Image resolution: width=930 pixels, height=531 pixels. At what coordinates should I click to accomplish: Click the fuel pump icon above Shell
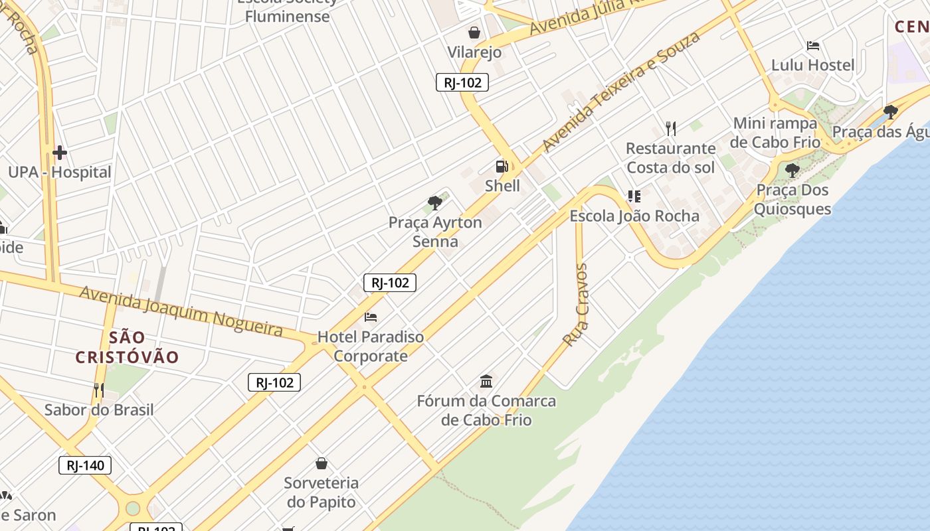pyautogui.click(x=502, y=166)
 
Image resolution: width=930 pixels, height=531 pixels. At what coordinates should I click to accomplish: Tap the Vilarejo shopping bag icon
pyautogui.click(x=474, y=32)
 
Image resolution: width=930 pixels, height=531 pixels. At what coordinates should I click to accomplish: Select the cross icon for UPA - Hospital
pyautogui.click(x=60, y=153)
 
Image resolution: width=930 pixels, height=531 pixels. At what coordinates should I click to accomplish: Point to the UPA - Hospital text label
pyautogui.click(x=60, y=173)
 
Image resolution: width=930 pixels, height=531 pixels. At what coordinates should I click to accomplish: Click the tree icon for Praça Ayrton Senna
pyautogui.click(x=435, y=202)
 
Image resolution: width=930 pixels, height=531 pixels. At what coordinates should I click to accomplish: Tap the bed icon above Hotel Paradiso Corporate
pyautogui.click(x=371, y=317)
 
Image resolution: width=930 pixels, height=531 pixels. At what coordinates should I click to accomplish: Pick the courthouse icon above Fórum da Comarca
pyautogui.click(x=486, y=381)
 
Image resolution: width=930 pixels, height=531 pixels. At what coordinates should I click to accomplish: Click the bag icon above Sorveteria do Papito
pyautogui.click(x=322, y=463)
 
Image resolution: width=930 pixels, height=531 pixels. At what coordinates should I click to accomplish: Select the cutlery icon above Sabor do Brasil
pyautogui.click(x=98, y=390)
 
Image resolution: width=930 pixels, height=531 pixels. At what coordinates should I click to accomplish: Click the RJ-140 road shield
pyautogui.click(x=85, y=465)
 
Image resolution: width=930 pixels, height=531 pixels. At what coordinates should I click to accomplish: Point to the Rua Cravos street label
pyautogui.click(x=575, y=305)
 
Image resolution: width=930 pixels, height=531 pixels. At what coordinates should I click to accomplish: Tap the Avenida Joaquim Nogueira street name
pyautogui.click(x=181, y=311)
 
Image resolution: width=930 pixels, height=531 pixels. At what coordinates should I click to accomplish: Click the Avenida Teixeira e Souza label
pyautogui.click(x=620, y=91)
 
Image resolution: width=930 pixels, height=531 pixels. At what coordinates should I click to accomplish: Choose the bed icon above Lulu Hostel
pyautogui.click(x=812, y=46)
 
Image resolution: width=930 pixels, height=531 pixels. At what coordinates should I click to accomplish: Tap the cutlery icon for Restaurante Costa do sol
pyautogui.click(x=671, y=128)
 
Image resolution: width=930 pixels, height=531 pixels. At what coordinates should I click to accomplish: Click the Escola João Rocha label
pyautogui.click(x=634, y=216)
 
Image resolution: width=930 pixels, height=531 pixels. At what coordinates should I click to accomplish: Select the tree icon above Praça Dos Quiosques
pyautogui.click(x=792, y=171)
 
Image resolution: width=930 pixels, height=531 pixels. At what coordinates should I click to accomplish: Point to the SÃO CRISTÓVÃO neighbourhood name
pyautogui.click(x=127, y=347)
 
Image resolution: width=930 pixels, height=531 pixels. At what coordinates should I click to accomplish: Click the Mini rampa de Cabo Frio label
pyautogui.click(x=775, y=133)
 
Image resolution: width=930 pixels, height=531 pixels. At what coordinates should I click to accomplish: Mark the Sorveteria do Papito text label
pyautogui.click(x=322, y=492)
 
